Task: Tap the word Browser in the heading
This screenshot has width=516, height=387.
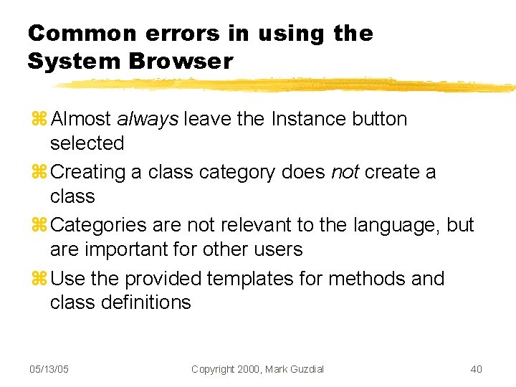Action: point(181,62)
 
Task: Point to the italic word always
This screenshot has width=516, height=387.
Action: point(147,119)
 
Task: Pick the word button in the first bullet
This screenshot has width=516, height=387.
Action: point(380,119)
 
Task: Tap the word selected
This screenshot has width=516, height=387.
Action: point(87,143)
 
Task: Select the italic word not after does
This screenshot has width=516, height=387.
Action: point(345,172)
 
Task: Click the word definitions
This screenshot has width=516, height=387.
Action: point(146,302)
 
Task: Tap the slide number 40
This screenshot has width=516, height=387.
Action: point(476,369)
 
